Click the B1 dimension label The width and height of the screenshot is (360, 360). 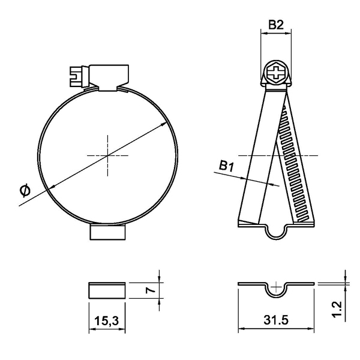pyautogui.click(x=226, y=166)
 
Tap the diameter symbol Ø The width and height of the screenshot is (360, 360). pyautogui.click(x=25, y=190)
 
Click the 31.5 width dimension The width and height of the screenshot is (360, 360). pyautogui.click(x=276, y=321)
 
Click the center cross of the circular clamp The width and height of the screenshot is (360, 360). pyautogui.click(x=107, y=156)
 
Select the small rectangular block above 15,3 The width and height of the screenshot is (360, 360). pyautogui.click(x=108, y=290)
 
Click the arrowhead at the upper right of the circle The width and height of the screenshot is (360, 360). pyautogui.click(x=164, y=124)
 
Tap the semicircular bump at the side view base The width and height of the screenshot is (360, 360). pyautogui.click(x=275, y=231)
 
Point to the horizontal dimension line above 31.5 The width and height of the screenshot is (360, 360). pyautogui.click(x=276, y=329)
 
